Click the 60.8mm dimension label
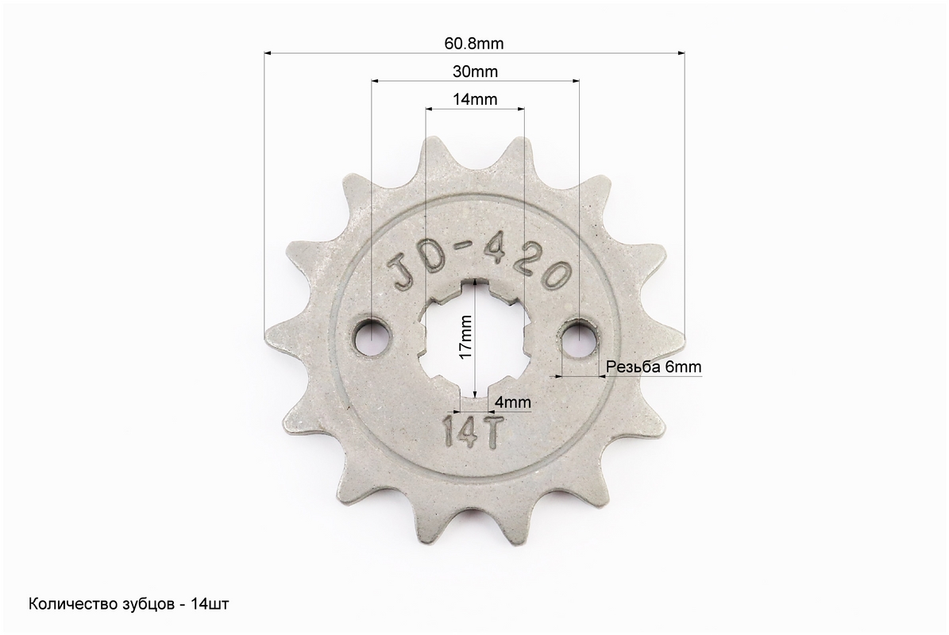click(474, 44)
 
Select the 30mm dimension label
click(475, 72)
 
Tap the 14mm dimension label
click(475, 99)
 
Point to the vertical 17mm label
click(465, 337)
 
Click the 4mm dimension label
click(513, 402)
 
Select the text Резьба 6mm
click(654, 367)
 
